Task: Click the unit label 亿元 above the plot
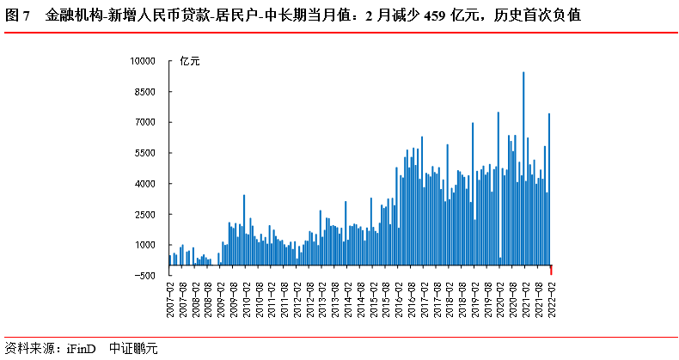189,61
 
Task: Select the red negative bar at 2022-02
551,270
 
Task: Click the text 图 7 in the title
19,15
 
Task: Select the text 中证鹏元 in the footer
133,349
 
